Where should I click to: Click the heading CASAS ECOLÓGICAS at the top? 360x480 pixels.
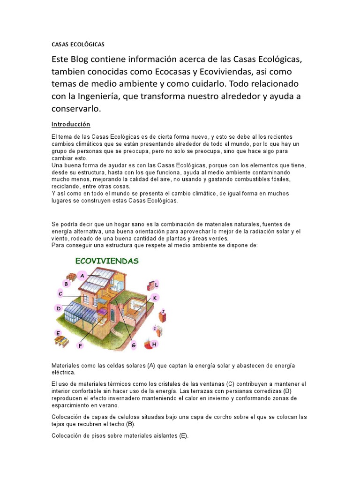[77, 45]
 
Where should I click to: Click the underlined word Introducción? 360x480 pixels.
[70, 124]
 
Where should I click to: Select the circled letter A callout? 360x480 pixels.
[82, 276]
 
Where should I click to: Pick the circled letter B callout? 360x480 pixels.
[66, 284]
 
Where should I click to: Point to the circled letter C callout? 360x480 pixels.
[60, 294]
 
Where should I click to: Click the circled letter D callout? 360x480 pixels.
[59, 308]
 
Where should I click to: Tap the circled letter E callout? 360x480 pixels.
[58, 333]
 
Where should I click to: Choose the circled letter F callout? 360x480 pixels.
[80, 345]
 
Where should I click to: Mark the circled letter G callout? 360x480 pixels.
[134, 345]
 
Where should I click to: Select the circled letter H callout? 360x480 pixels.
[154, 344]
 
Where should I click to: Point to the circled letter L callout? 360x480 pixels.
[157, 285]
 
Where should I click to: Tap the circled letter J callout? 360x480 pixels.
[163, 311]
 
